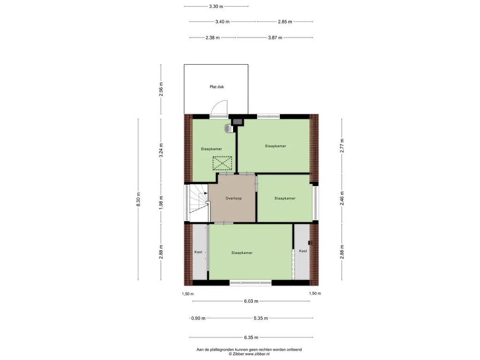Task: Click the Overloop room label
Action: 233,198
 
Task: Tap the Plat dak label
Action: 217,87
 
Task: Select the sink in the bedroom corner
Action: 229,128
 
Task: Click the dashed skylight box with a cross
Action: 222,163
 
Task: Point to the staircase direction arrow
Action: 206,193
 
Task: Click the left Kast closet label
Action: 198,252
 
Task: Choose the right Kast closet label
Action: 303,251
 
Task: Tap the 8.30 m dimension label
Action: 138,199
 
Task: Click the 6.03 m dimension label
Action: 251,301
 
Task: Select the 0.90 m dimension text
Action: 198,318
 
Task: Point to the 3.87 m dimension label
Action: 275,37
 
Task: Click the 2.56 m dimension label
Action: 161,89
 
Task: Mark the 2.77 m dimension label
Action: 342,146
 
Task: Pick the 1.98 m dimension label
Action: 161,202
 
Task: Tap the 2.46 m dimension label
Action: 342,198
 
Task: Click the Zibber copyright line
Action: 249,354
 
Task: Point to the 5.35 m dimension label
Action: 261,318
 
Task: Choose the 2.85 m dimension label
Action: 285,22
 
